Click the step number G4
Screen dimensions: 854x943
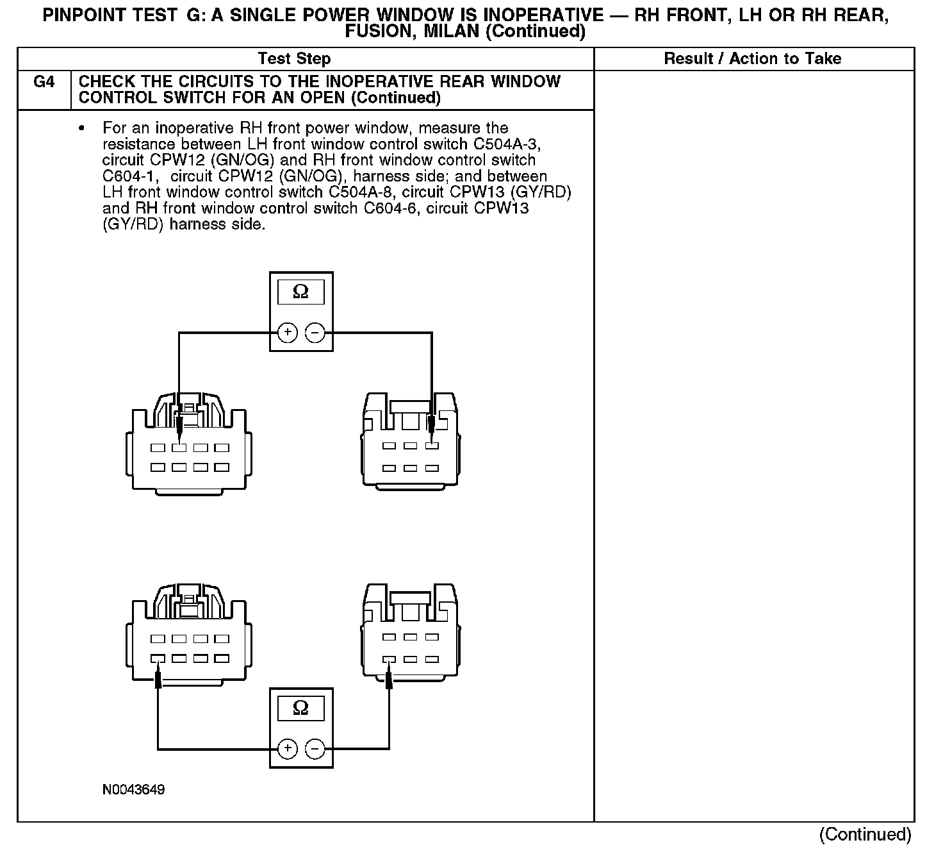tap(44, 82)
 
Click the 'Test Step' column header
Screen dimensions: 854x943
tap(294, 59)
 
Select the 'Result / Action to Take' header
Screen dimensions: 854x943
tap(752, 59)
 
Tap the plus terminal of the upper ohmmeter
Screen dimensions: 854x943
tap(288, 333)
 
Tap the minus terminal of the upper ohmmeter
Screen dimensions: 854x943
tap(315, 333)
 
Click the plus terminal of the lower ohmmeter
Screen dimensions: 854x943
tap(288, 748)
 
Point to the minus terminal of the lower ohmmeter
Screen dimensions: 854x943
tap(315, 748)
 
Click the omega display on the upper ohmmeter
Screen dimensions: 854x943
tap(300, 293)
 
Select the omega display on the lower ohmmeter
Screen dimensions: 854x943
tap(300, 708)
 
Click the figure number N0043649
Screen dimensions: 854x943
tap(133, 790)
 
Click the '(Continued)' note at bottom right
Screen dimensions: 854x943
tap(865, 834)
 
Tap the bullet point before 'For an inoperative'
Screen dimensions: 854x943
tap(81, 129)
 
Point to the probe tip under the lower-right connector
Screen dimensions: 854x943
tap(389, 678)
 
